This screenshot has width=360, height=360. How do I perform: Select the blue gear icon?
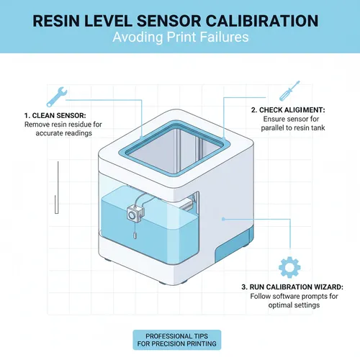click(289, 267)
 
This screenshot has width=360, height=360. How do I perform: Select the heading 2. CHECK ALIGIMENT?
click(287, 109)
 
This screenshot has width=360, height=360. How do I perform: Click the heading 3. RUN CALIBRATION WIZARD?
click(292, 287)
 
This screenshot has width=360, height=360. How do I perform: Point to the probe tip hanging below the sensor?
click(134, 234)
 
